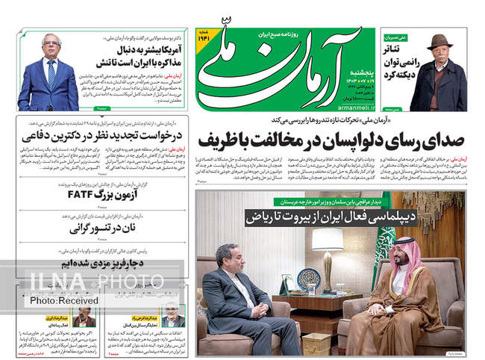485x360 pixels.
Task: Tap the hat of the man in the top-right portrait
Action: pyautogui.click(x=440, y=42)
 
